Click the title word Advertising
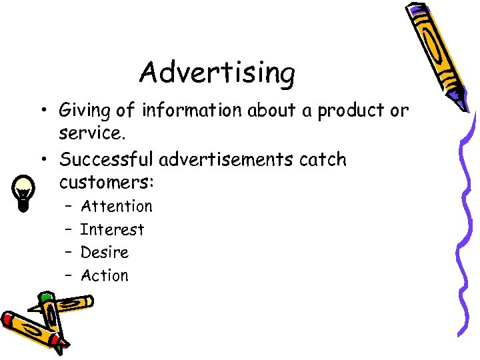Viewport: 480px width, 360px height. click(x=217, y=73)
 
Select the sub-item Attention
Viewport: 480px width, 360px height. click(x=116, y=207)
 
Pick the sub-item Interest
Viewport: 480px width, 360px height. click(x=112, y=230)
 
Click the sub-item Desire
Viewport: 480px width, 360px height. click(x=105, y=253)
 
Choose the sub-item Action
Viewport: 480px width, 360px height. click(x=105, y=275)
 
